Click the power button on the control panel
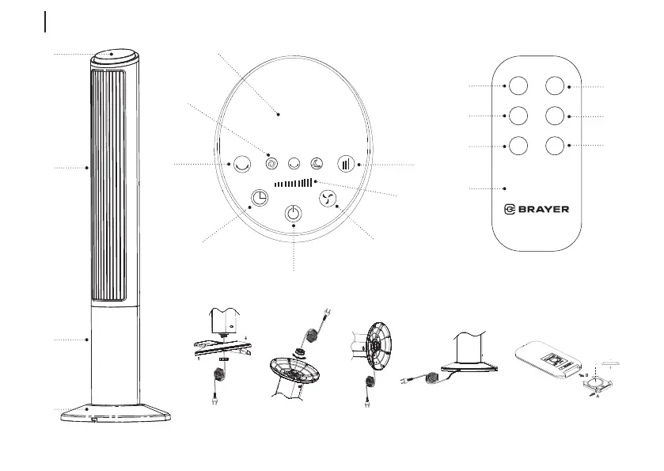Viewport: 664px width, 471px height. coord(294,213)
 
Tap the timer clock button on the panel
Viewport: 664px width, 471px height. coord(259,198)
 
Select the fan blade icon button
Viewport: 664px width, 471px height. coord(327,199)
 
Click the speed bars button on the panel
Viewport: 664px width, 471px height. coord(346,164)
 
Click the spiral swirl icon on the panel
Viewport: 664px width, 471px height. coord(271,164)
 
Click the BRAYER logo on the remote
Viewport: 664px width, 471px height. coord(537,209)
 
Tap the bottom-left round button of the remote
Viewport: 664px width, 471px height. coord(518,146)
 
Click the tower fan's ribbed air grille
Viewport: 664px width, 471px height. coord(108,186)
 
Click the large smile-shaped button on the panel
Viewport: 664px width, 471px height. coord(242,164)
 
